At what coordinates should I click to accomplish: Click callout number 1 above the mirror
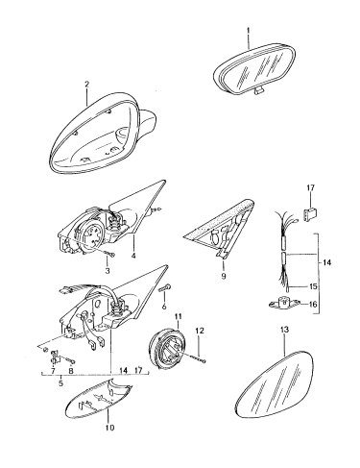pyautogui.click(x=249, y=31)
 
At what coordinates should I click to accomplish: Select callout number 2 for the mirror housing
pyautogui.click(x=86, y=85)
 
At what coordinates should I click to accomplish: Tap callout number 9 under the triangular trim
pyautogui.click(x=224, y=276)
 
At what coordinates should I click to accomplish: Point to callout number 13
pyautogui.click(x=284, y=330)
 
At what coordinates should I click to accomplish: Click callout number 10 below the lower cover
pyautogui.click(x=109, y=428)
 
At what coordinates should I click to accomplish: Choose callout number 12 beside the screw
pyautogui.click(x=200, y=331)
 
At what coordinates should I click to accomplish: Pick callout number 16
pyautogui.click(x=313, y=303)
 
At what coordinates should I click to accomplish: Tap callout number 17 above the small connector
pyautogui.click(x=310, y=187)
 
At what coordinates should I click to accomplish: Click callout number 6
pyautogui.click(x=164, y=307)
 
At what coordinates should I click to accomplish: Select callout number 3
pyautogui.click(x=108, y=271)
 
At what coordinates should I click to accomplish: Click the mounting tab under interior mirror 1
pyautogui.click(x=259, y=91)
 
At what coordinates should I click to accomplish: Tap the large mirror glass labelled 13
pyautogui.click(x=275, y=384)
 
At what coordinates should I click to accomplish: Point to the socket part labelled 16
pyautogui.click(x=284, y=303)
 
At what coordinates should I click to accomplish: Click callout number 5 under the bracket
pyautogui.click(x=60, y=382)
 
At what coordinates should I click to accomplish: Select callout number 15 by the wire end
pyautogui.click(x=313, y=286)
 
